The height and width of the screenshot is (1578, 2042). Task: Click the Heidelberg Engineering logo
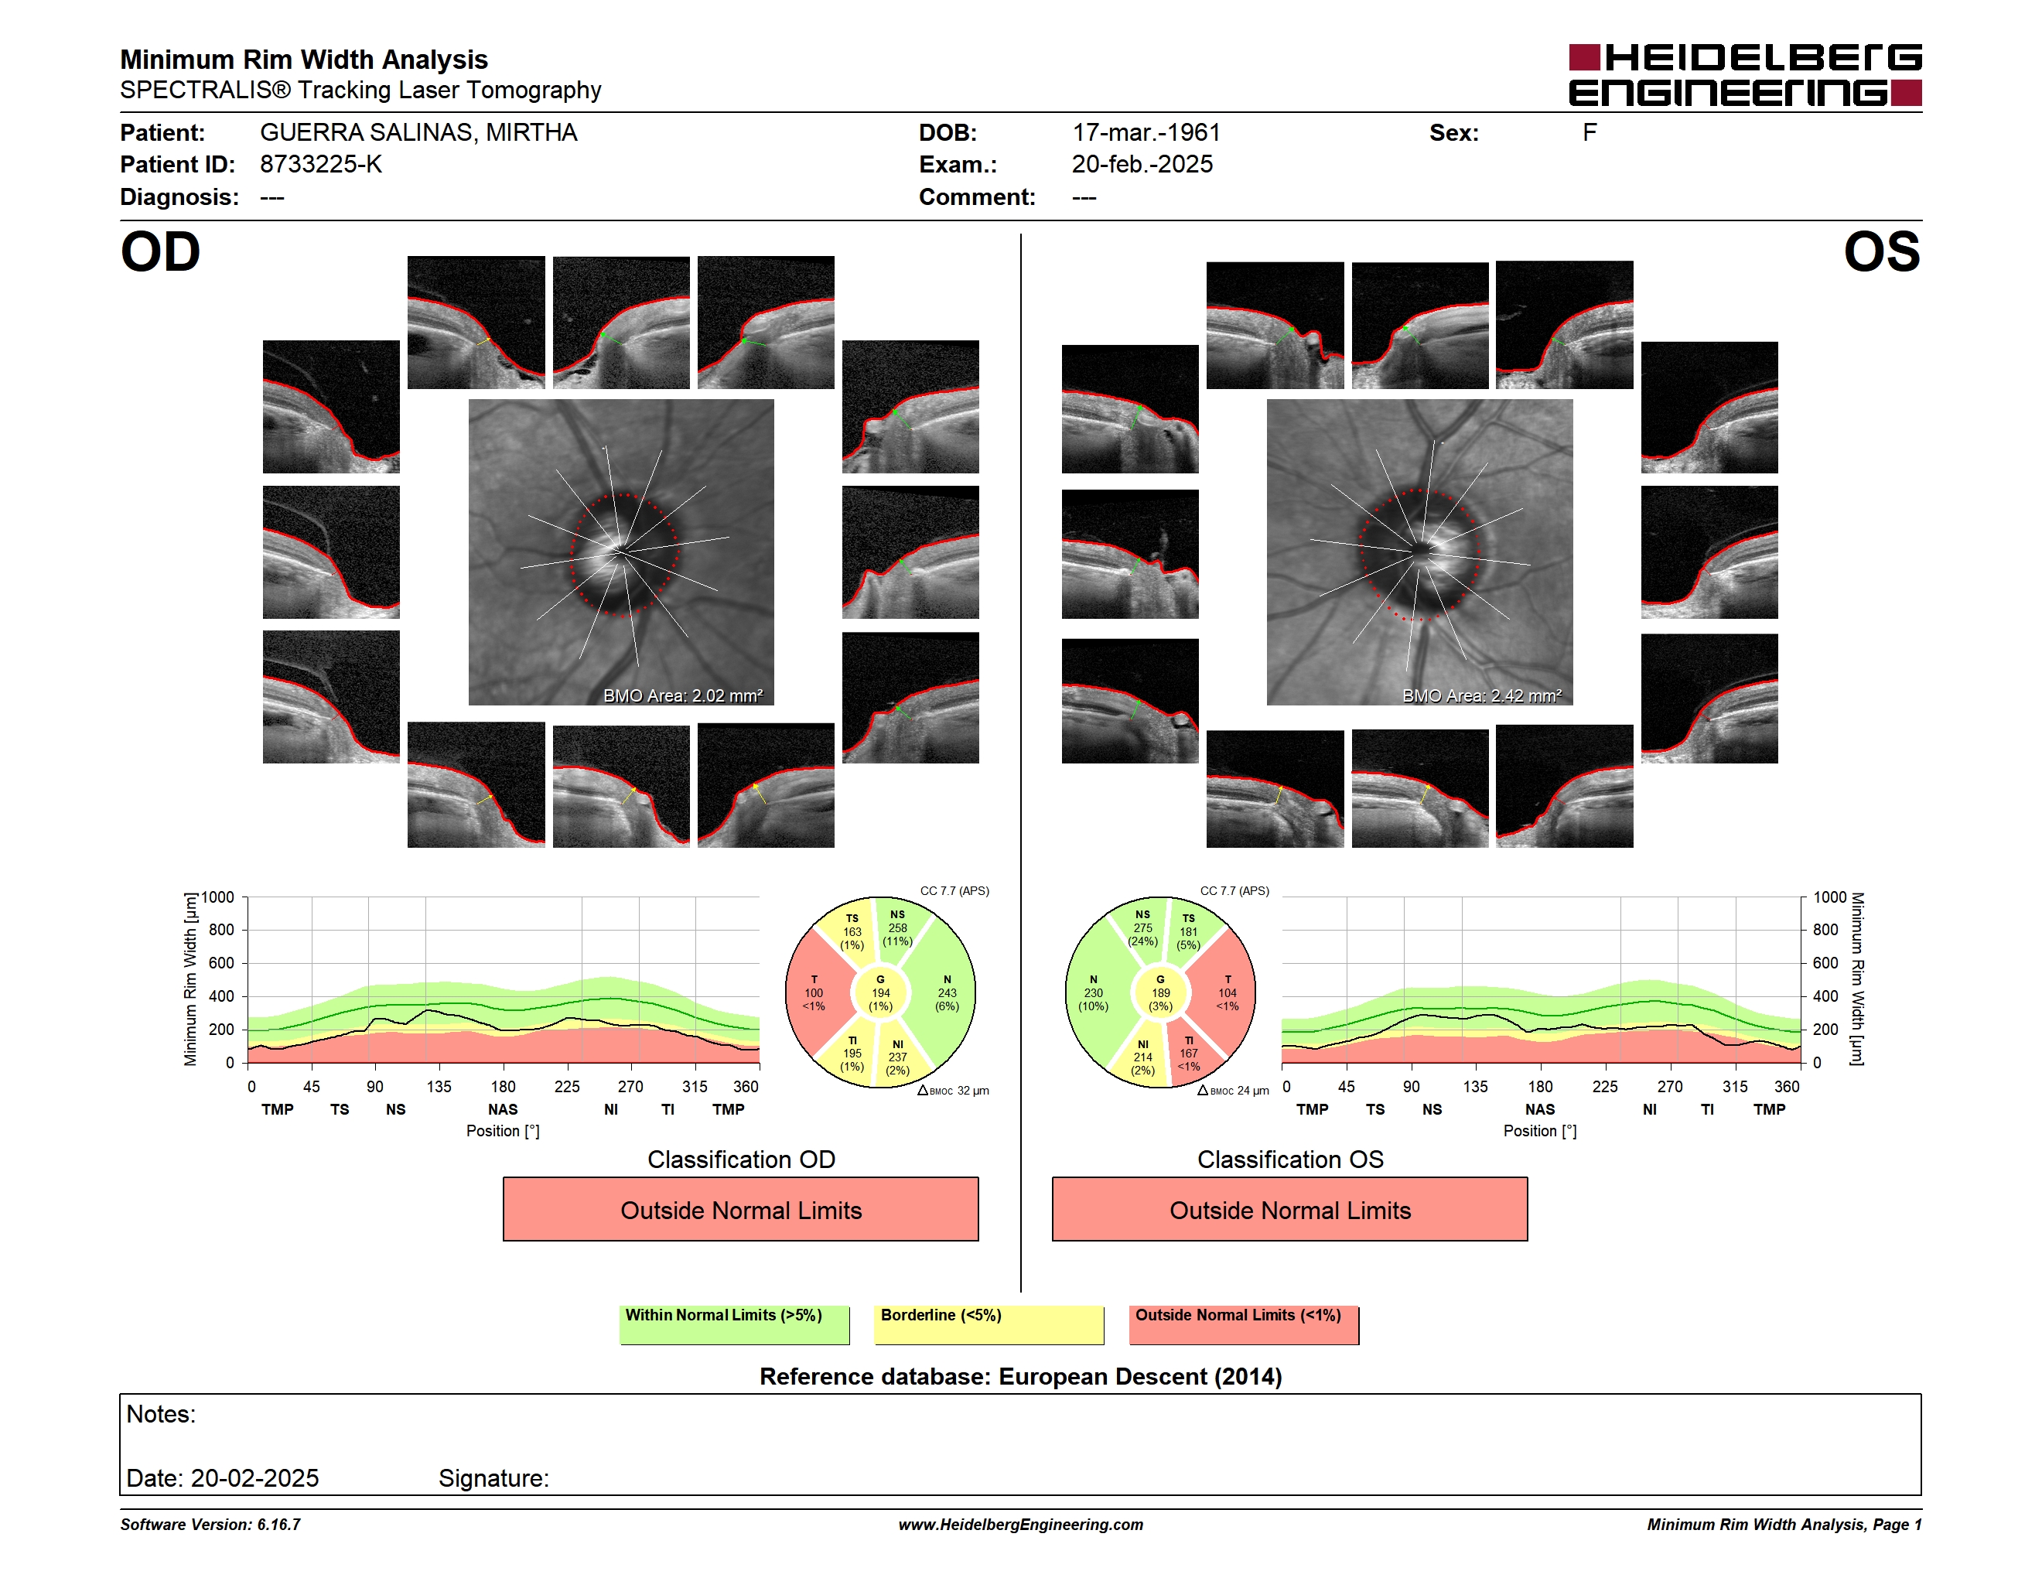1745,75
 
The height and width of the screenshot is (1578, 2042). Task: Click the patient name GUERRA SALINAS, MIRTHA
418,133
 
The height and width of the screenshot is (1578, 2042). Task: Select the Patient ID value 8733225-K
321,165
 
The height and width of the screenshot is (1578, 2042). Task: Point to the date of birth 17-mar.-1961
1146,133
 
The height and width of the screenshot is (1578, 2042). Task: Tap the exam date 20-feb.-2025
1142,165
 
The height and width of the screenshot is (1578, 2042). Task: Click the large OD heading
160,252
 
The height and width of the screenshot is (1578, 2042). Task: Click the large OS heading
1881,252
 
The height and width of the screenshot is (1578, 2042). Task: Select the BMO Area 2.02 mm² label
682,695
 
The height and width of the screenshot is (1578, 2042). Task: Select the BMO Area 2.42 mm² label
1481,695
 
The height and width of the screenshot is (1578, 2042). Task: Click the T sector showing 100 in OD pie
814,992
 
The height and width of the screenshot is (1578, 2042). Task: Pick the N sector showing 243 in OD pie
946,992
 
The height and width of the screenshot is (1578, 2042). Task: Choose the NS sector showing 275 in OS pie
1142,927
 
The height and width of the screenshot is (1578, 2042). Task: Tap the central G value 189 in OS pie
1160,992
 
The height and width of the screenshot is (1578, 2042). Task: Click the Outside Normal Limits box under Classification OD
740,1210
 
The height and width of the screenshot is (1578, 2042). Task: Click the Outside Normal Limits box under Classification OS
1289,1210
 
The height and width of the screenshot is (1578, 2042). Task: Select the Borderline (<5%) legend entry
989,1324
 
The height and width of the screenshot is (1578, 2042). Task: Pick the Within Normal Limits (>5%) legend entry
734,1324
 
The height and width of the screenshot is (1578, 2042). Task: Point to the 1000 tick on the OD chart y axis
218,897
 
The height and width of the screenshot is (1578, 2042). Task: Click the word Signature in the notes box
493,1479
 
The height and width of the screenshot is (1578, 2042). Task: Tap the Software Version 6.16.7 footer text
210,1525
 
